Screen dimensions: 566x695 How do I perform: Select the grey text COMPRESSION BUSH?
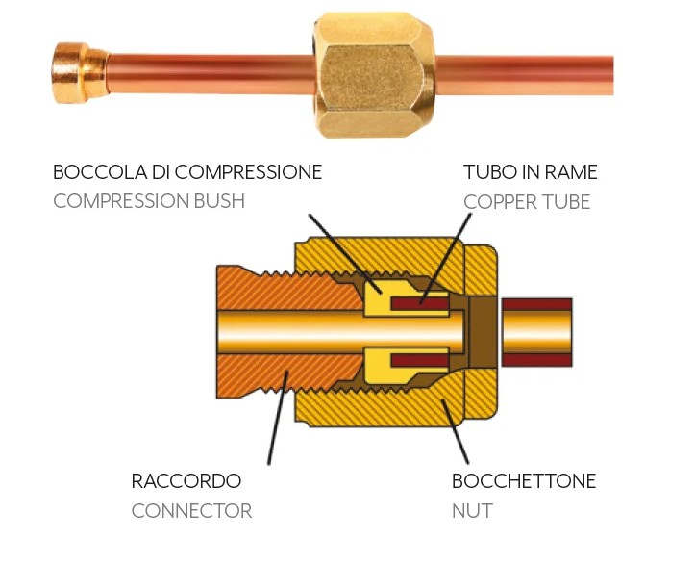point(149,202)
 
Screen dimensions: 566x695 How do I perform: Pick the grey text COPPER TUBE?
point(527,202)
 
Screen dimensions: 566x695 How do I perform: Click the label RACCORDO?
point(186,481)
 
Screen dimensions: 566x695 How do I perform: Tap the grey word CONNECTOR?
point(191,511)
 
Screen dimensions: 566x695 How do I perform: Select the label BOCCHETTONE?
point(524,481)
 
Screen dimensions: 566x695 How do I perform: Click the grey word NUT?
point(472,511)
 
